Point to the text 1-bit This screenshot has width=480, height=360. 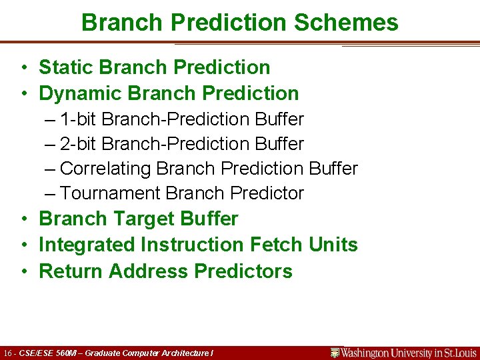(79, 119)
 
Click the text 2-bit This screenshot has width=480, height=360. (79, 144)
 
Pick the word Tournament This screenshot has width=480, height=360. (110, 193)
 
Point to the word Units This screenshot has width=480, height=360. (333, 245)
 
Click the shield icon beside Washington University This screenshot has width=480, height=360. (335, 353)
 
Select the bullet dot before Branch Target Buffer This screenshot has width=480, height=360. (23, 219)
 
